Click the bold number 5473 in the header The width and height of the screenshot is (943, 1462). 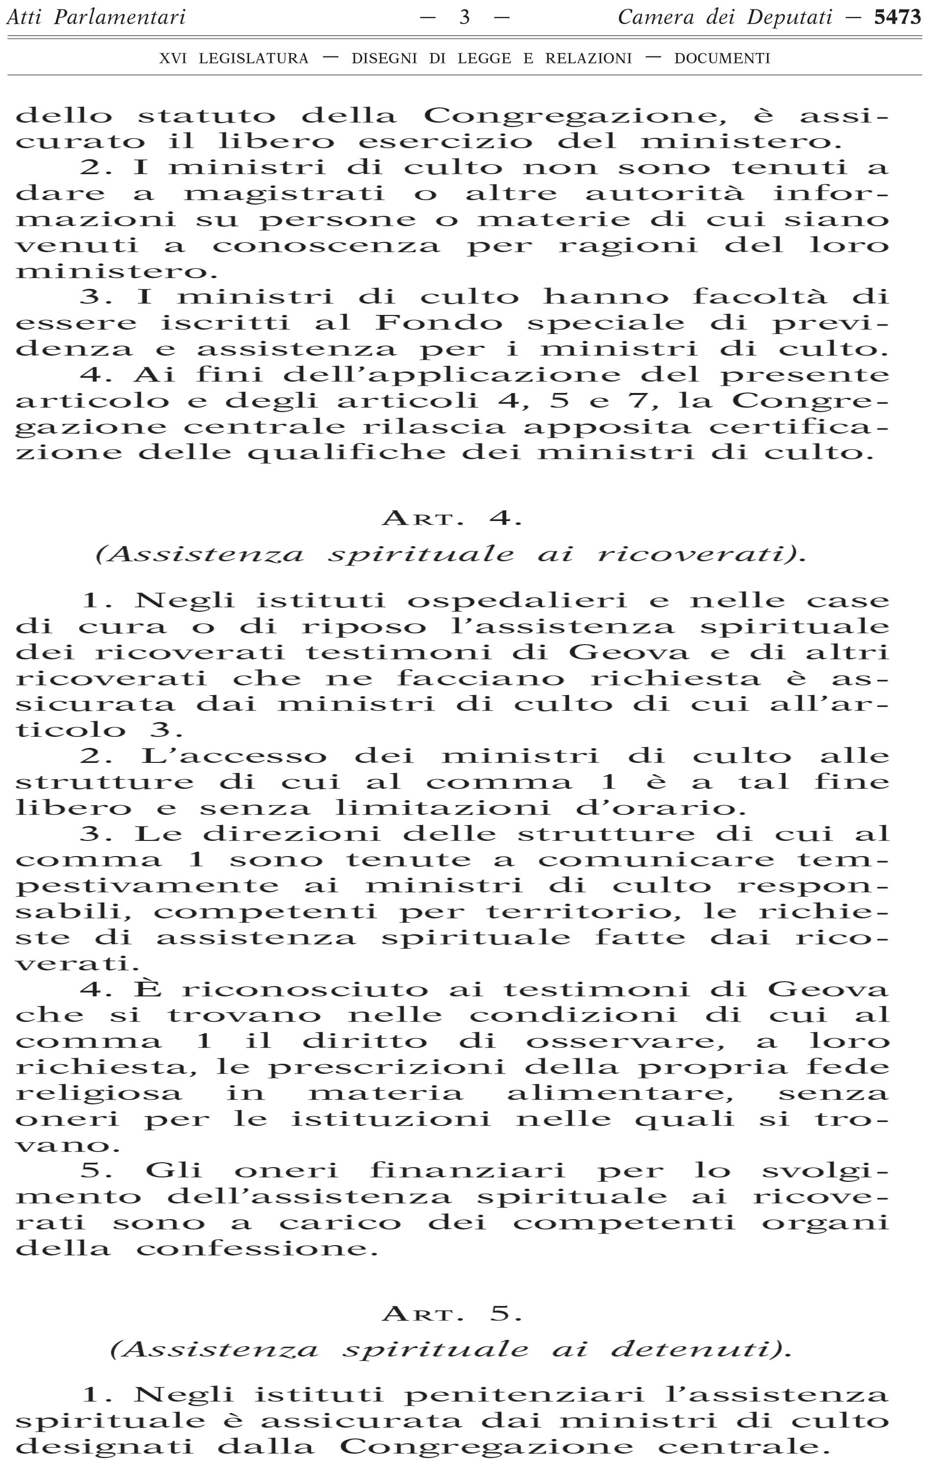click(897, 17)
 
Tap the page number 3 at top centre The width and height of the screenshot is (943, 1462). click(465, 17)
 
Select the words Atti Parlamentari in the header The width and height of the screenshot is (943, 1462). click(96, 17)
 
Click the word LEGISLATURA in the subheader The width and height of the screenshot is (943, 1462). click(254, 59)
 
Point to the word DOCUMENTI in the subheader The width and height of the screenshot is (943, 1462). click(722, 59)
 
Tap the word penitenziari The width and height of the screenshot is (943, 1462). click(525, 1395)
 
